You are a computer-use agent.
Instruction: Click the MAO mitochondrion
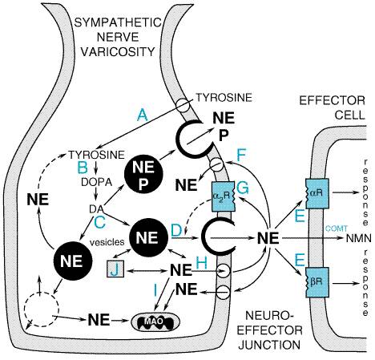(155, 322)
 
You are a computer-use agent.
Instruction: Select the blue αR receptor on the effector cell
(317, 194)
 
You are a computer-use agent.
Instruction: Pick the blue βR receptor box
(317, 282)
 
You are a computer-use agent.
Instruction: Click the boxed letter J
(115, 269)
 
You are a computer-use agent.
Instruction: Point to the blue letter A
(143, 116)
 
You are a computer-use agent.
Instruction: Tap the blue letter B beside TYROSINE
(83, 168)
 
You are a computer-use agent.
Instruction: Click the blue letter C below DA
(99, 222)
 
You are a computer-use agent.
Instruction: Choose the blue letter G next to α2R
(243, 188)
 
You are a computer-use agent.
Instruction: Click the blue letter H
(202, 263)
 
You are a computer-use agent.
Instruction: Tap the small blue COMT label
(337, 229)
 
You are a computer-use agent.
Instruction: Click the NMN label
(359, 238)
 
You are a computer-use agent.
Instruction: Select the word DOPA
(96, 182)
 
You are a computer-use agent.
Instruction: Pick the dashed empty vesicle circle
(41, 309)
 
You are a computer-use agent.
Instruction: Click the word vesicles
(107, 242)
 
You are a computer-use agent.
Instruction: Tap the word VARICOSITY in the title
(118, 51)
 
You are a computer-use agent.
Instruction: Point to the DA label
(97, 208)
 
